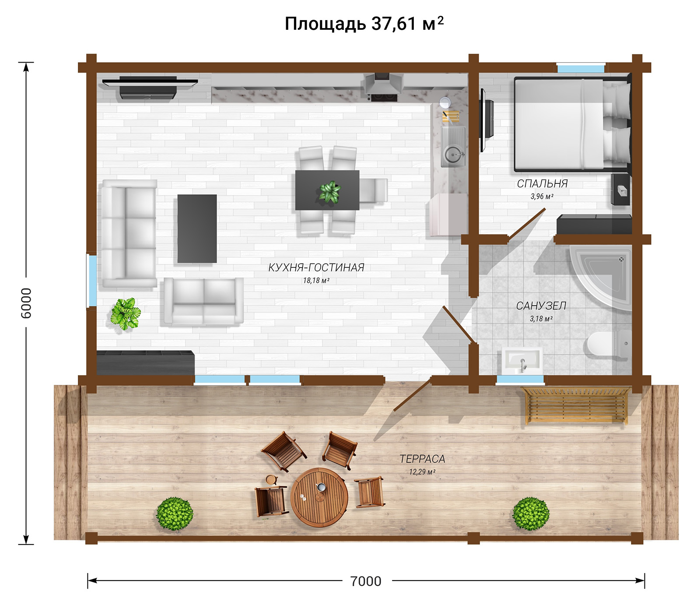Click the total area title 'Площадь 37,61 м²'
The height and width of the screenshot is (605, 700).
click(364, 24)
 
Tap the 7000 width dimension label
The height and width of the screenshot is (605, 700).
click(366, 581)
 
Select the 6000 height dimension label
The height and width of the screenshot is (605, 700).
click(26, 303)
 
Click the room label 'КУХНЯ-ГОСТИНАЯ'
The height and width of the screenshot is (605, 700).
click(316, 267)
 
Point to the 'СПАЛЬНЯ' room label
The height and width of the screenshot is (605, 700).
click(542, 184)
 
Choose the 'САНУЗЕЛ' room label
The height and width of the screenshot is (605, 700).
click(541, 306)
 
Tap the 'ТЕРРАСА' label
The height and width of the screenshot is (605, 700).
click(422, 459)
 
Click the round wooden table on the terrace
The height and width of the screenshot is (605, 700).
click(319, 497)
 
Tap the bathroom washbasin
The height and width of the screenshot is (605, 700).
click(522, 360)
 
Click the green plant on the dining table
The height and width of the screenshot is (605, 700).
click(329, 192)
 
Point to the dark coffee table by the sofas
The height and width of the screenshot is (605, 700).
click(197, 229)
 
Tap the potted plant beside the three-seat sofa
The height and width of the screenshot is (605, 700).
click(126, 313)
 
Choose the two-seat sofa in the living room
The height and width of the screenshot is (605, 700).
click(203, 302)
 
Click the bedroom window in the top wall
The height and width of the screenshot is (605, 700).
click(581, 69)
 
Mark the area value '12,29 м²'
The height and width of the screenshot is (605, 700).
click(422, 472)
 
